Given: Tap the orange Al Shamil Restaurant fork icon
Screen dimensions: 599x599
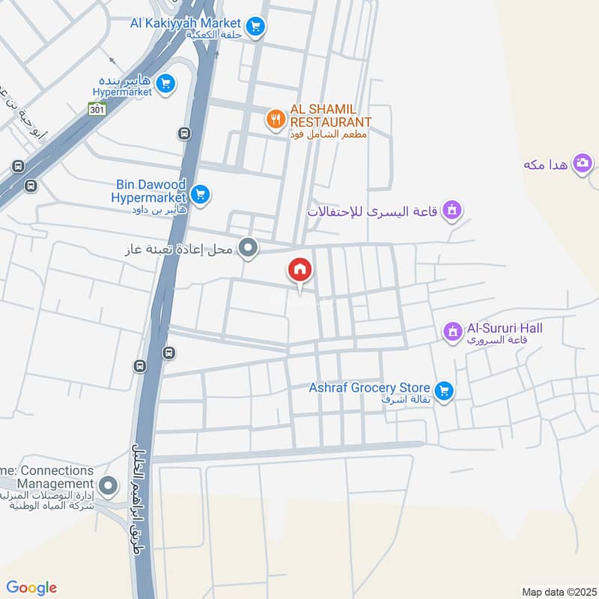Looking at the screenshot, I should coord(276,118).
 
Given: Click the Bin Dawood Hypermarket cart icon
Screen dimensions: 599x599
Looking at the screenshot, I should coord(199,195).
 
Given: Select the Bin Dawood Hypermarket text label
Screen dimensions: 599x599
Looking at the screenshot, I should coord(150,190).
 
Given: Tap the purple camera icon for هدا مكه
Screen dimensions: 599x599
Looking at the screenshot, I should coord(583,162).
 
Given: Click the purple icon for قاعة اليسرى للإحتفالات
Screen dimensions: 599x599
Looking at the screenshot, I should coord(451,211).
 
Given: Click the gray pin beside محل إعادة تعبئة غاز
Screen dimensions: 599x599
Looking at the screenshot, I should coord(249,247).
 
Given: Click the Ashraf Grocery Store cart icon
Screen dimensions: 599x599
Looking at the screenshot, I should coord(444,391).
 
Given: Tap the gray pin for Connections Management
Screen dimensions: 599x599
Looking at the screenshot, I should coord(109,487).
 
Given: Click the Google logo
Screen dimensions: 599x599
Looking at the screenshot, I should coord(31,587).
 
